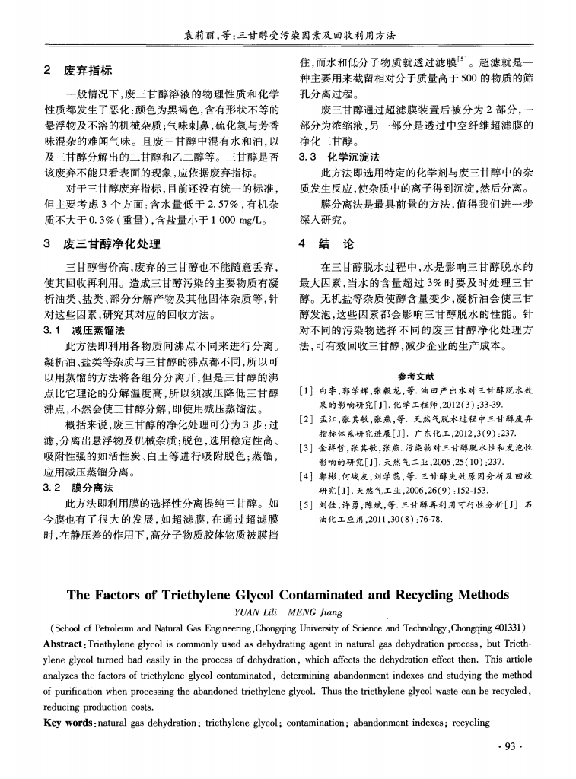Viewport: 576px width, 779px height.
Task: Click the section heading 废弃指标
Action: [x=88, y=71]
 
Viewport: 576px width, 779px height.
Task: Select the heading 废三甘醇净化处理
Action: [x=112, y=244]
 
